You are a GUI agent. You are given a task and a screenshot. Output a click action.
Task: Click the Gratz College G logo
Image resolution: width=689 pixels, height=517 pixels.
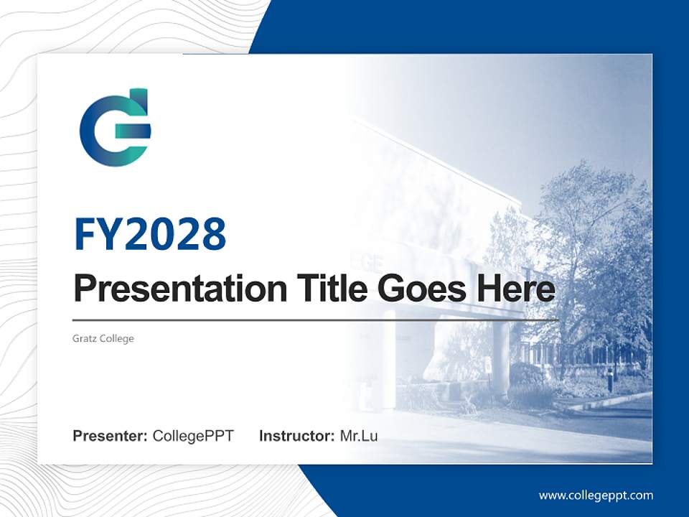(115, 128)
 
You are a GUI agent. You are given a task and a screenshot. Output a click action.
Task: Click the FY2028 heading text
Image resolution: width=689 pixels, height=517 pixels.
(150, 234)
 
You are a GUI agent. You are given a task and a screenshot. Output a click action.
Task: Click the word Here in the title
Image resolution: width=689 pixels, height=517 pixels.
(515, 289)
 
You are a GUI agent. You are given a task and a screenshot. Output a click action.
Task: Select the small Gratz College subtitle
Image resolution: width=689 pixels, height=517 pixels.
(103, 338)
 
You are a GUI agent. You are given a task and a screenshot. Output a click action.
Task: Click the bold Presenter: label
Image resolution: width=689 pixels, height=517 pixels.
(111, 436)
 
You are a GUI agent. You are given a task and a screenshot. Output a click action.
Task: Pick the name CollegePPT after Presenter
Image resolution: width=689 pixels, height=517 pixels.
(193, 436)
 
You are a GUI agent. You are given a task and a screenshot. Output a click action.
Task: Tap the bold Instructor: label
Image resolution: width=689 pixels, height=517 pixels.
(296, 436)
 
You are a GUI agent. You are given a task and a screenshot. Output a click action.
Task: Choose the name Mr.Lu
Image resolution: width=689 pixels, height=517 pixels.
(359, 436)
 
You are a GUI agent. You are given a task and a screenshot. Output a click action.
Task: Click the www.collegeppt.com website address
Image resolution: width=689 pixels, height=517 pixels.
(596, 495)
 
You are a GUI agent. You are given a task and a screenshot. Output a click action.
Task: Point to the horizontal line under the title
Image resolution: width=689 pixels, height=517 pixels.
(316, 320)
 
